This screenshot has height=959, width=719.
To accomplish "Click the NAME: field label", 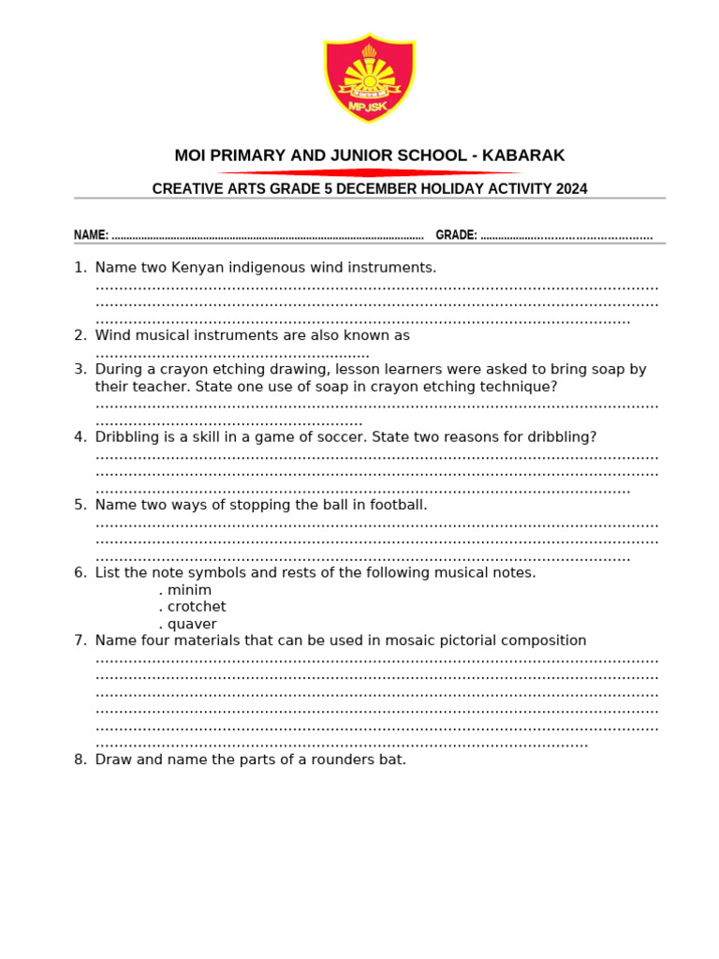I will [91, 235].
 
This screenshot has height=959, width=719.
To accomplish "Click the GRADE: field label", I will [456, 235].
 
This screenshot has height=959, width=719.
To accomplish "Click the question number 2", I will [81, 335].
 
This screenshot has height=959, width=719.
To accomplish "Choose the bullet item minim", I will [188, 590].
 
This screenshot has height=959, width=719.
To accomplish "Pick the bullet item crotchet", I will [196, 607].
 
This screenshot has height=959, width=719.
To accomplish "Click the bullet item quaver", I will [191, 624].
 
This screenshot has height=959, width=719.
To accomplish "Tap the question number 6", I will [81, 573].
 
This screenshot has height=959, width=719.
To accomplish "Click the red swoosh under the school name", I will [369, 172].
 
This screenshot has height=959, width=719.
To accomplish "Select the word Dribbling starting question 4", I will [129, 437].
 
